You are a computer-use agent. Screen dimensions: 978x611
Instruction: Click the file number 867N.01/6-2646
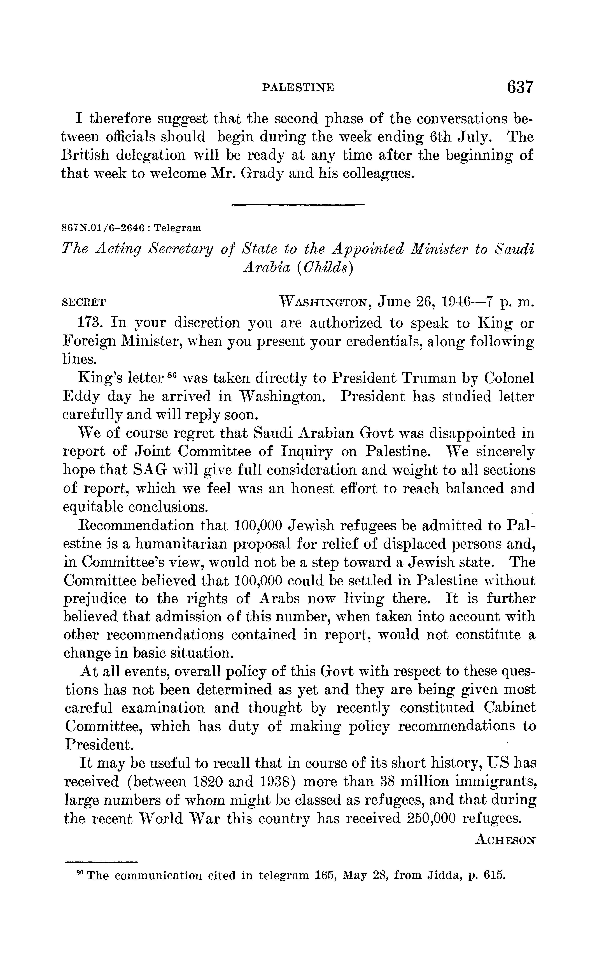point(103,228)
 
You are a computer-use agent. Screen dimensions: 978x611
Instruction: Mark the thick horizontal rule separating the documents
point(298,205)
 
